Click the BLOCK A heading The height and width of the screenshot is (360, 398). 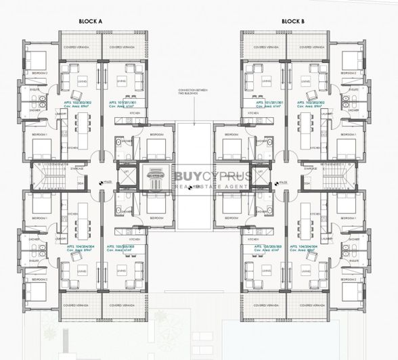pyautogui.click(x=90, y=22)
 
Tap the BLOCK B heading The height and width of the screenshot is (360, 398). pyautogui.click(x=293, y=22)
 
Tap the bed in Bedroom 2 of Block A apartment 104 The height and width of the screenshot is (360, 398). pyautogui.click(x=37, y=292)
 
